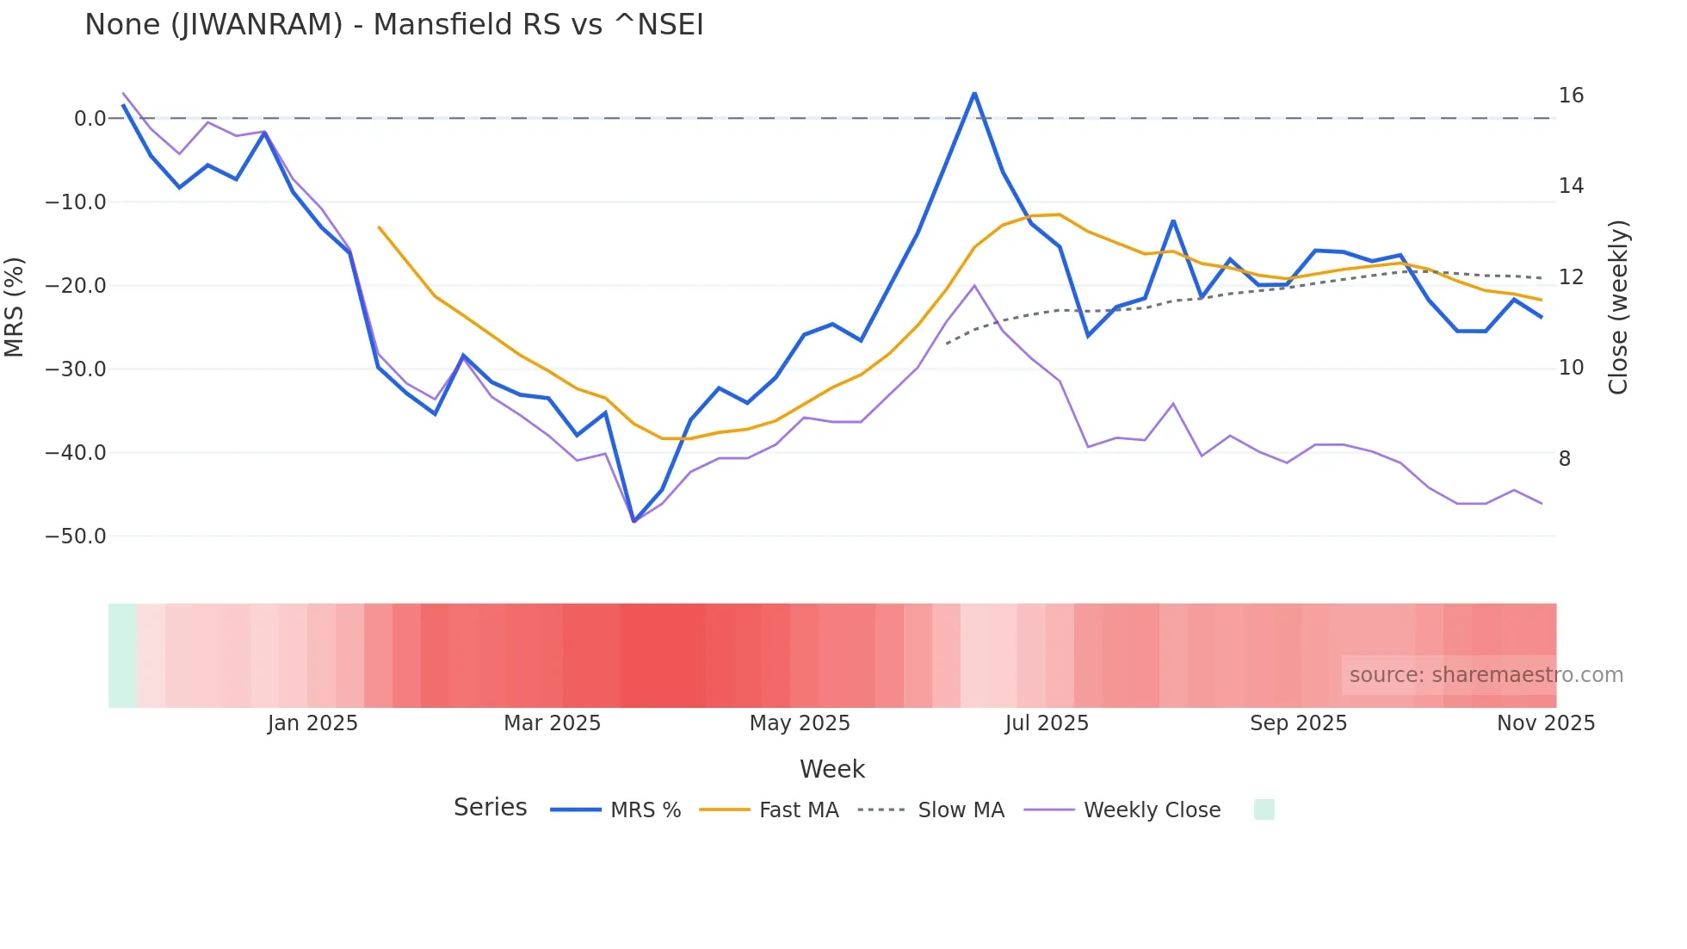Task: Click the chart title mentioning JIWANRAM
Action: click(x=394, y=25)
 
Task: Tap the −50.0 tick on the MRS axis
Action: click(x=76, y=537)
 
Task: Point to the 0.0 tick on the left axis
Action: click(x=90, y=119)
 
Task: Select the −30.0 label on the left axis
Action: click(x=76, y=369)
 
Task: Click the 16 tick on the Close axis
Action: click(x=1571, y=96)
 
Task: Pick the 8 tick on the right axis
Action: click(x=1565, y=459)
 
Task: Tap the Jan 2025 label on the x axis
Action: click(x=312, y=723)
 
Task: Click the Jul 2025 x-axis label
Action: click(x=1047, y=723)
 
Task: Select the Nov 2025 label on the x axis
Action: click(x=1546, y=723)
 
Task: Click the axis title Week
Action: click(x=832, y=769)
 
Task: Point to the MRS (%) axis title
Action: click(x=15, y=307)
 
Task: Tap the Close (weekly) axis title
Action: click(x=1618, y=307)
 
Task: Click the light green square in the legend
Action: click(x=1264, y=809)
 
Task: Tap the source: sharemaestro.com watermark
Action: click(x=1486, y=675)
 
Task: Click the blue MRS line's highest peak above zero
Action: click(x=974, y=93)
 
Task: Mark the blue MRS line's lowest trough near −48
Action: click(x=633, y=522)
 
